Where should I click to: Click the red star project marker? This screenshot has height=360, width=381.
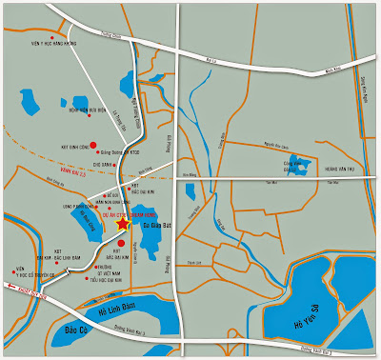click(x=122, y=226)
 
